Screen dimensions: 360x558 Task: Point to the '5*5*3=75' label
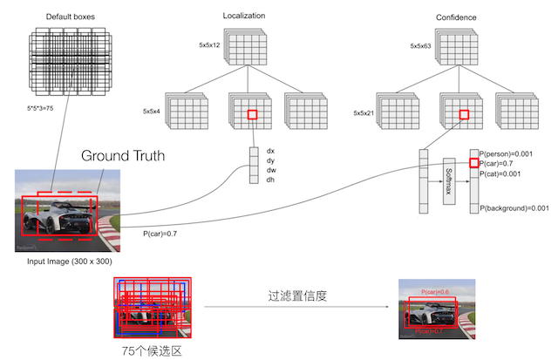coord(47,108)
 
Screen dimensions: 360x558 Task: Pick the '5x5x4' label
coord(154,112)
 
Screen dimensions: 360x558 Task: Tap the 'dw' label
coord(270,171)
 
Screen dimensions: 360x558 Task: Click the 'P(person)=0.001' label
coord(513,153)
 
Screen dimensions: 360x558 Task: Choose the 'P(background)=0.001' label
coord(515,207)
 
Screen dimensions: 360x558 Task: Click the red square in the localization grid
coord(252,115)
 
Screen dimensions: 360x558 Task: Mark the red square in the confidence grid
coord(464,113)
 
